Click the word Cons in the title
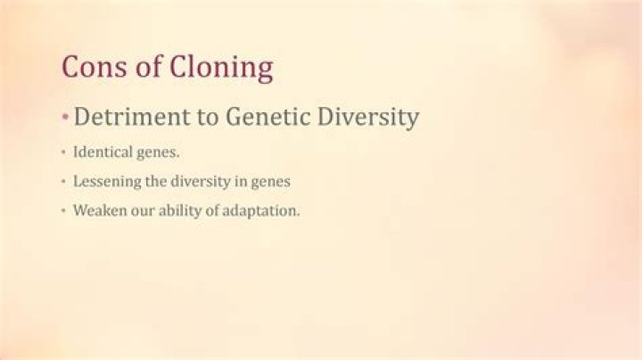tap(95, 66)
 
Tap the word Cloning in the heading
tap(221, 69)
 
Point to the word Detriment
tap(132, 117)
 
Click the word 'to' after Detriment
tap(208, 118)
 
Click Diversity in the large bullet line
tap(368, 118)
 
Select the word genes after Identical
tap(158, 153)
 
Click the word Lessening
tap(107, 182)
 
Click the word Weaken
tap(100, 210)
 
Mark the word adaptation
tap(260, 211)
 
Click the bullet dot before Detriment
tap(65, 118)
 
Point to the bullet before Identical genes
tap(63, 152)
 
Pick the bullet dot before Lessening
tap(63, 181)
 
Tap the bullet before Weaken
tap(63, 210)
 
